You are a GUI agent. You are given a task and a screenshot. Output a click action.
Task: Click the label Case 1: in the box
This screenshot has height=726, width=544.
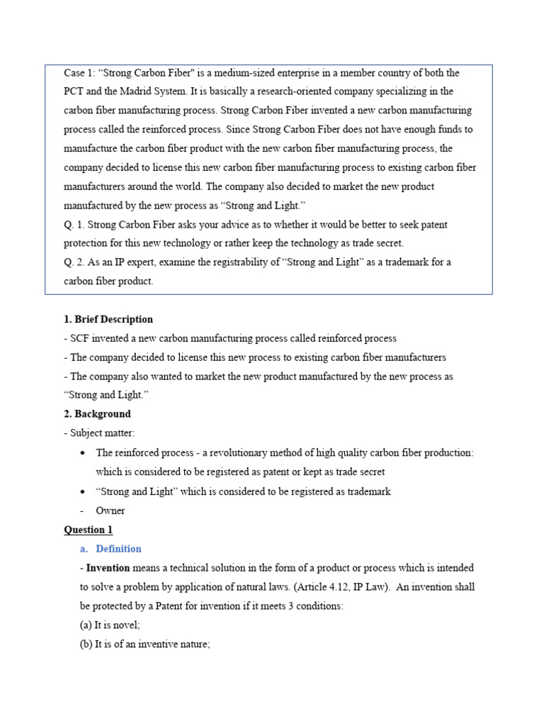79,73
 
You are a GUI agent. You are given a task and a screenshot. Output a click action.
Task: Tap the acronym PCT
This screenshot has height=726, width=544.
74,91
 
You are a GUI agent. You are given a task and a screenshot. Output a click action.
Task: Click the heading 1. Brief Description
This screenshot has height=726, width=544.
108,319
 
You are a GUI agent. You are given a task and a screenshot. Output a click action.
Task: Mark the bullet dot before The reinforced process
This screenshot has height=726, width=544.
84,453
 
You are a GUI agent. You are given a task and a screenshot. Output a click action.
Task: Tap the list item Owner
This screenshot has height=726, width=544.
110,510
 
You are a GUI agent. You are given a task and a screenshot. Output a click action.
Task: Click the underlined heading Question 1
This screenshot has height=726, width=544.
89,530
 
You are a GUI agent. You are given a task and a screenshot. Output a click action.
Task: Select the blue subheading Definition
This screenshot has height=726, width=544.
118,549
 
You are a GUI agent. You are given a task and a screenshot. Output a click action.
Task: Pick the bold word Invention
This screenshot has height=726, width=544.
108,568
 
